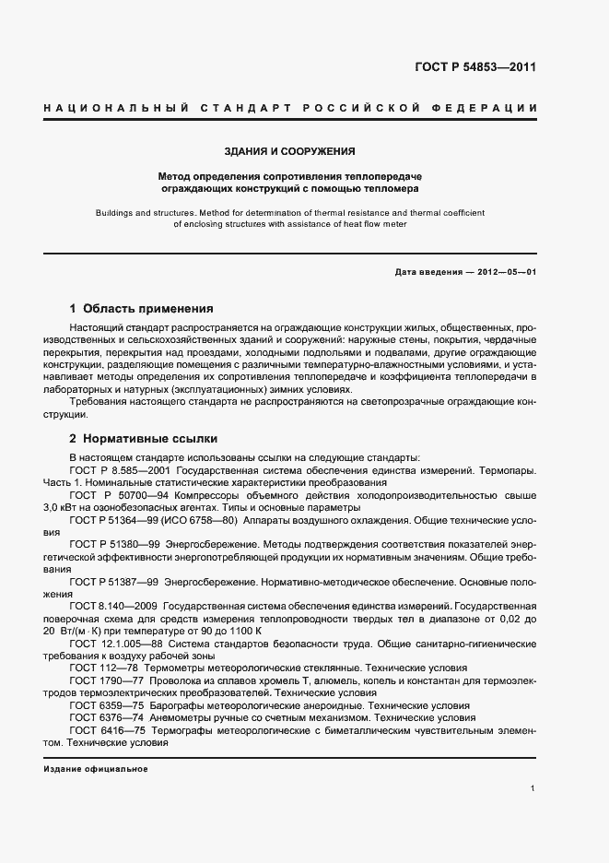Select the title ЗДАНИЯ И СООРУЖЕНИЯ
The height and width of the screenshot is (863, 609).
pos(289,150)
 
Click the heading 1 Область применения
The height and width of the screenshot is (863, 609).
pos(141,308)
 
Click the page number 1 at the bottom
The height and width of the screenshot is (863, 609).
pos(533,788)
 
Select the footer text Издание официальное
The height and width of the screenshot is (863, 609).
pos(96,768)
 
